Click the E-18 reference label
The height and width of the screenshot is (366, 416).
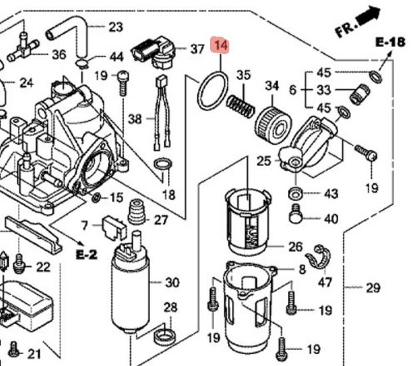[x=390, y=43]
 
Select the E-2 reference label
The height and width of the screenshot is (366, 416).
[x=87, y=254]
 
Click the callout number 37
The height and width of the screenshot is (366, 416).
[x=197, y=49]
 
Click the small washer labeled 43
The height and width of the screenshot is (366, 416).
[x=293, y=193]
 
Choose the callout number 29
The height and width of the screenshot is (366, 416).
[x=372, y=288]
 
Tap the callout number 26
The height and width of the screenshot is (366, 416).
[x=295, y=246]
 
